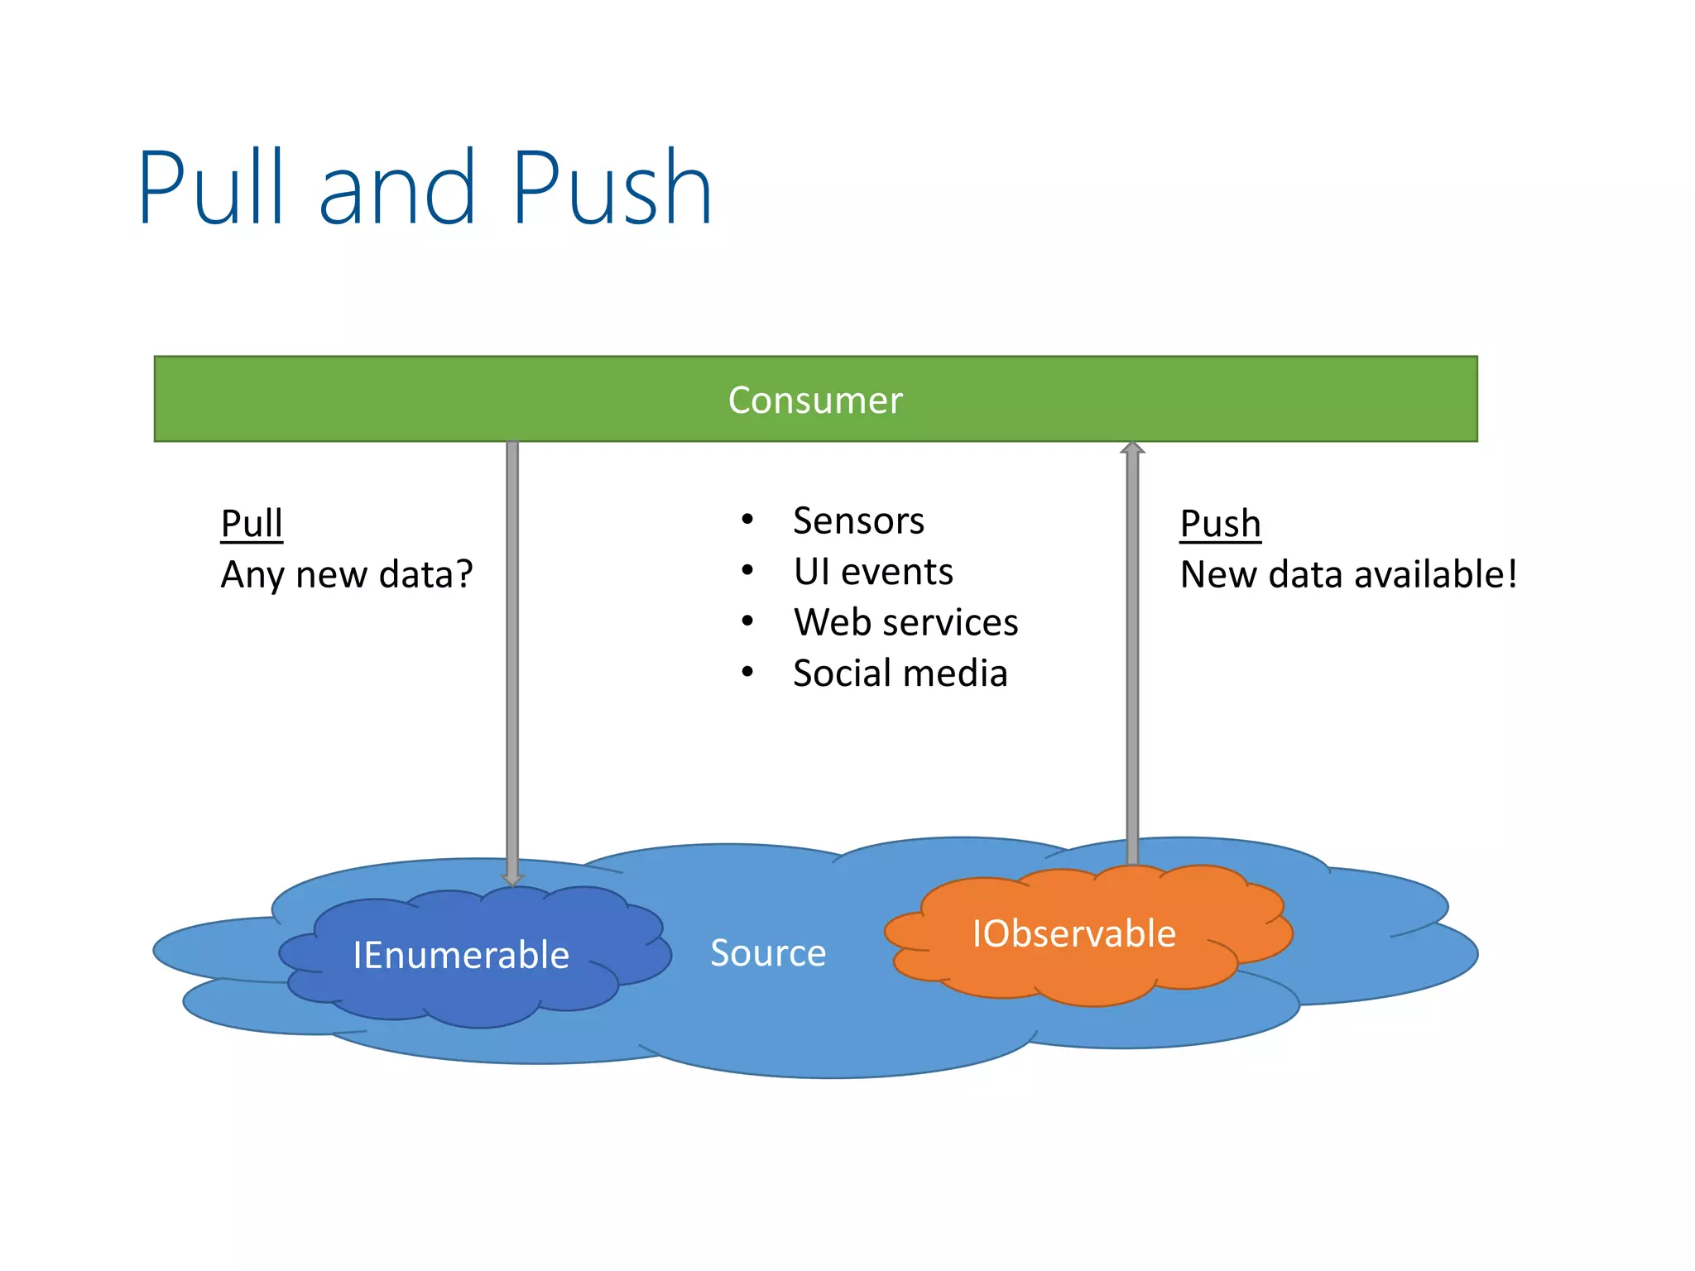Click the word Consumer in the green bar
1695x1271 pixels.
(814, 400)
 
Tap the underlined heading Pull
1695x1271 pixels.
(252, 523)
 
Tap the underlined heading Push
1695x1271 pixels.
(1220, 523)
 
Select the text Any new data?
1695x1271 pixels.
(347, 574)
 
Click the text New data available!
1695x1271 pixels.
(1348, 574)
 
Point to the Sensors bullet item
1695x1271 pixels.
(858, 520)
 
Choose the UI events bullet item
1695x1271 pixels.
(873, 572)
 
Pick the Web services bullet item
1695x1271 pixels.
(905, 622)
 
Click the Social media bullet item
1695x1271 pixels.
(900, 673)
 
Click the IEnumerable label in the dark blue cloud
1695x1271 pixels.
(461, 955)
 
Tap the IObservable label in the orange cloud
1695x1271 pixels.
(1073, 933)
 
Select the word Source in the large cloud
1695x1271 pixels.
(768, 952)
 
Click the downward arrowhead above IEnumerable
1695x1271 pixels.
(512, 879)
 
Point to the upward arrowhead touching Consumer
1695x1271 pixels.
(1132, 448)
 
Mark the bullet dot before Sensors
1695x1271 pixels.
(747, 520)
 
